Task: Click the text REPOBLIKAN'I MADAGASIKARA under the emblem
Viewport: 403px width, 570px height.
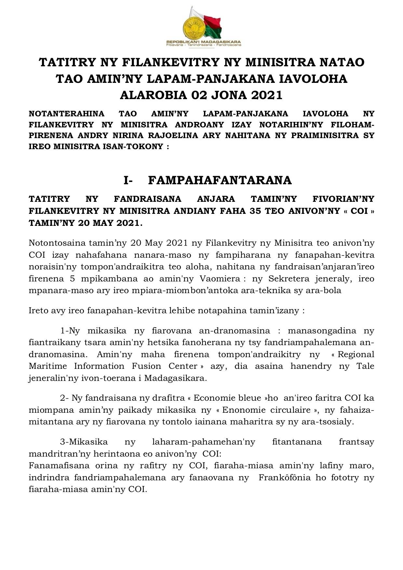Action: pyautogui.click(x=204, y=42)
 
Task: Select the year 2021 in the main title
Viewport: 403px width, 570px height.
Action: pyautogui.click(x=266, y=95)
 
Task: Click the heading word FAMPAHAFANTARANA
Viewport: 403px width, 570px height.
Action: pyautogui.click(x=220, y=180)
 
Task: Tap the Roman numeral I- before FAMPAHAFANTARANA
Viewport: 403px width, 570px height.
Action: pyautogui.click(x=128, y=180)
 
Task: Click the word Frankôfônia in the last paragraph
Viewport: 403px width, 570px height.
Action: pyautogui.click(x=284, y=478)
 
